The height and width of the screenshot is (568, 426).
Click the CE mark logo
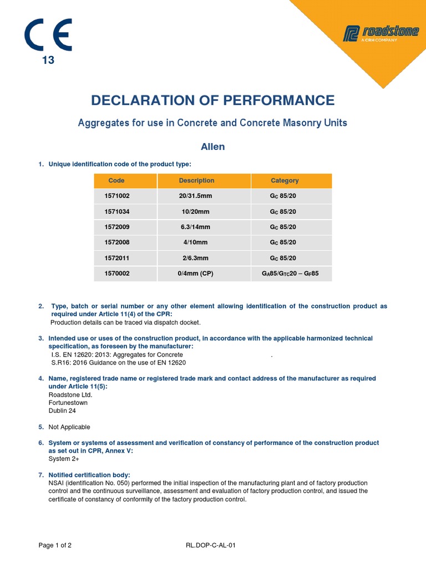48,35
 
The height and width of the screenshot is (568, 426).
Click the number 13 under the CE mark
48,60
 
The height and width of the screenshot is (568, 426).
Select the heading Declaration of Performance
212,100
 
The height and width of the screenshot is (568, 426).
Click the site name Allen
212,147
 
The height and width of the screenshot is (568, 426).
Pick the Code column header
116,181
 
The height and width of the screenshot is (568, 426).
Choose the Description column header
196,181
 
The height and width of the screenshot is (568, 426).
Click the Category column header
285,181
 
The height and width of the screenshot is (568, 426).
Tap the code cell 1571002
116,196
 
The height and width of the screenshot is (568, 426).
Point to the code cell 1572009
116,227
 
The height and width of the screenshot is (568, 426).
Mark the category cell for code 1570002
291,273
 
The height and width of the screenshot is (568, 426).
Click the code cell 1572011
116,258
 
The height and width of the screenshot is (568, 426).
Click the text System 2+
63,459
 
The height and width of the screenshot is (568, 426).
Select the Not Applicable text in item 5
69,427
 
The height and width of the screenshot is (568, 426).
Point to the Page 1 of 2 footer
55,545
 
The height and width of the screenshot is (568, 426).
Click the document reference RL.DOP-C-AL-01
211,545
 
